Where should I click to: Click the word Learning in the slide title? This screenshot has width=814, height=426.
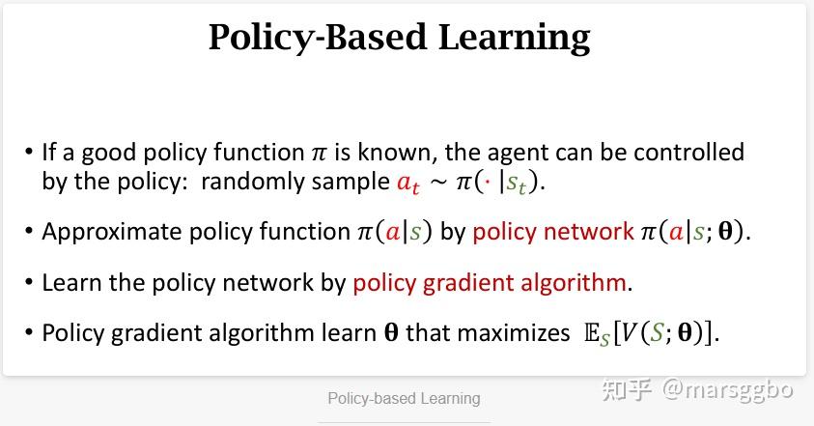(514, 39)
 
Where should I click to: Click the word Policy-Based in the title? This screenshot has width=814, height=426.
(318, 39)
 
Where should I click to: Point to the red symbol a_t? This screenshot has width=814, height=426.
(408, 183)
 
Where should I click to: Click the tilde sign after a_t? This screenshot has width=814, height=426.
(438, 183)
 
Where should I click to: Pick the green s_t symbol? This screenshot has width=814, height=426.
(517, 183)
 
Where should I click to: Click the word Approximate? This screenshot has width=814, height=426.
(112, 232)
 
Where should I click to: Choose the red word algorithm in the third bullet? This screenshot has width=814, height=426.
(574, 284)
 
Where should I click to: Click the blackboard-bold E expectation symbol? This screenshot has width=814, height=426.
(592, 332)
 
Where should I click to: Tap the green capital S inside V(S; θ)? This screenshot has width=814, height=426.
(657, 332)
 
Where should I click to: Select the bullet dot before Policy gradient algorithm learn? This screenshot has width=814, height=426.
(29, 332)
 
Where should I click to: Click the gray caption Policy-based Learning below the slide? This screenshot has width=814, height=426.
(404, 398)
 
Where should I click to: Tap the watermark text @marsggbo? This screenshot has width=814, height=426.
(728, 389)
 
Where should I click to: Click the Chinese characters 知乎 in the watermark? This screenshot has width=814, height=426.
(627, 389)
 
